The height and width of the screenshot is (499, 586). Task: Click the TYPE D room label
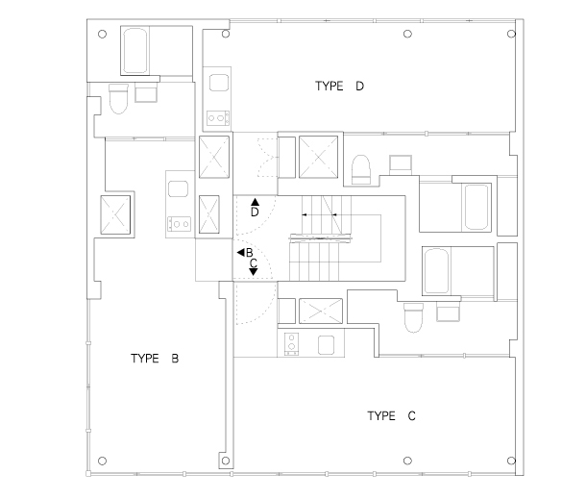339,86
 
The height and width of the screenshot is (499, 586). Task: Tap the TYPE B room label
155,359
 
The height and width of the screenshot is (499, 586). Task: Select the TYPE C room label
391,415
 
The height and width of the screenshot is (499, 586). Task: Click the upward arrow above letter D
255,202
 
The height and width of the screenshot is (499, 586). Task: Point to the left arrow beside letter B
241,253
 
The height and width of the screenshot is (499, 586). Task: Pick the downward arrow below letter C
254,272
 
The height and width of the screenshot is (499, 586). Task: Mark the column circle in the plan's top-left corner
102,34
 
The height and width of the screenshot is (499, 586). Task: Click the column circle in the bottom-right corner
511,461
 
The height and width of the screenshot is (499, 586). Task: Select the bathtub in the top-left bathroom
134,51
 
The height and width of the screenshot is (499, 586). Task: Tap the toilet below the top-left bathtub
118,99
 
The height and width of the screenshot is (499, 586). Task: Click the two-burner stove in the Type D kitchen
218,118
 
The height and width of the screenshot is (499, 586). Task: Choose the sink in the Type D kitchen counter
219,83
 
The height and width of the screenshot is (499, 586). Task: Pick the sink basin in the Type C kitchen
326,345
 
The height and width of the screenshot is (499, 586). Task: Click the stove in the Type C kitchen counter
291,344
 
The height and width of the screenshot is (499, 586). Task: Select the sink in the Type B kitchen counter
179,188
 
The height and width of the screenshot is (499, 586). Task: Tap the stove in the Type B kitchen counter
179,224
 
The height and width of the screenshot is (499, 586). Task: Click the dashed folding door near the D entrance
267,158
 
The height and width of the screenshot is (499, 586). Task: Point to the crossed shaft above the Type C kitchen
321,311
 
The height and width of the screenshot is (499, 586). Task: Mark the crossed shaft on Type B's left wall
115,215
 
